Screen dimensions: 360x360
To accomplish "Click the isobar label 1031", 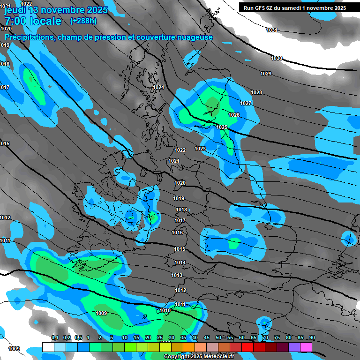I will [x=271, y=30].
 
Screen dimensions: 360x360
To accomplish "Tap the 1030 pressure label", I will [x=277, y=58].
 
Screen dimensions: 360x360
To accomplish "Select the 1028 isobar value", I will [x=256, y=92].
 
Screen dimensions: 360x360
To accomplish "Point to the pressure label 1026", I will [x=234, y=115].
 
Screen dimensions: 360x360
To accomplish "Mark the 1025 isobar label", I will [x=222, y=127].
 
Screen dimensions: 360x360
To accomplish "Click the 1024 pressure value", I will [x=158, y=88].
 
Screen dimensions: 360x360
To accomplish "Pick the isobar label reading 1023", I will [x=200, y=149].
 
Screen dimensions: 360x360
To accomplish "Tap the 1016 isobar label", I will [x=177, y=232].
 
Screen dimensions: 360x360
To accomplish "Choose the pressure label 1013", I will [x=177, y=275].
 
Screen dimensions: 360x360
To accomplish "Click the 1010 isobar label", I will [x=165, y=310].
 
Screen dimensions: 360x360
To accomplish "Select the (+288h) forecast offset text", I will [x=83, y=21].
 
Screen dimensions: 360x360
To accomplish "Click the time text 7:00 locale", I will [x=33, y=21].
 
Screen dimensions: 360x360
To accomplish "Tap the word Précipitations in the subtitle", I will [x=29, y=37].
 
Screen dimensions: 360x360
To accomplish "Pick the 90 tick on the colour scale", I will [x=312, y=338].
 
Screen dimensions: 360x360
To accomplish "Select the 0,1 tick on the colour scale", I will [x=54, y=338].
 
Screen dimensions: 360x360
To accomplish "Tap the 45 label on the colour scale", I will [x=207, y=338].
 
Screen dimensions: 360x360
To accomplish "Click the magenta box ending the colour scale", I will [x=306, y=347].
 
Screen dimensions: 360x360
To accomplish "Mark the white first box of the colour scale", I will [x=48, y=347].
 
